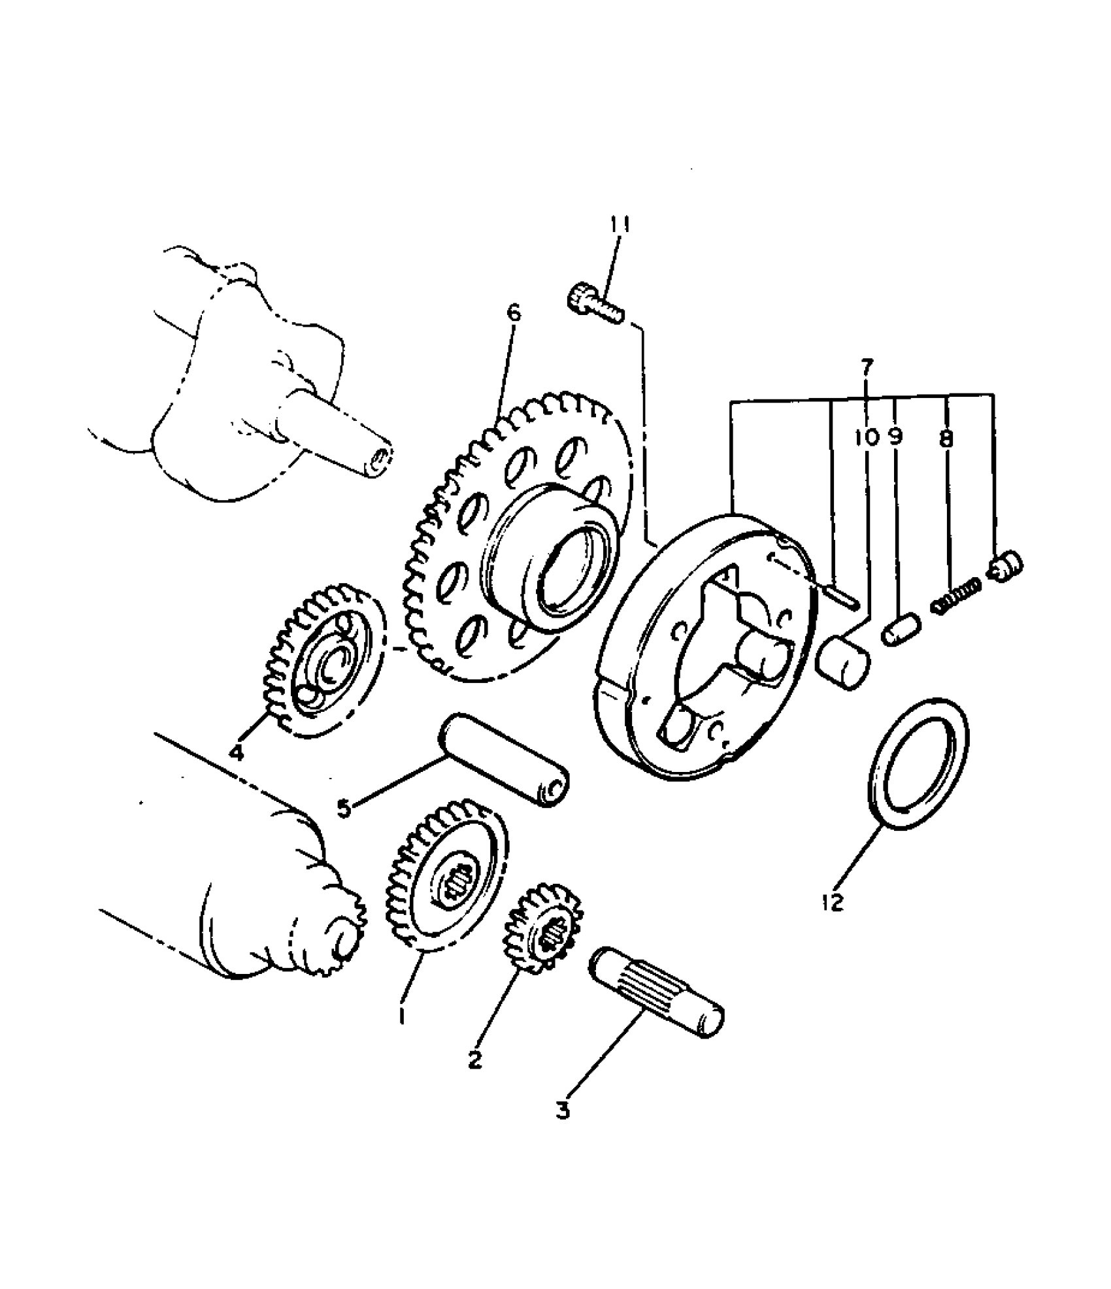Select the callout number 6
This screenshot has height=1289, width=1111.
point(514,313)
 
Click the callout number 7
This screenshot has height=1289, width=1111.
point(867,368)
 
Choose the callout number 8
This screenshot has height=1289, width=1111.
point(946,438)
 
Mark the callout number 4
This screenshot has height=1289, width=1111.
point(237,752)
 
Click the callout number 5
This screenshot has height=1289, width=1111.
point(344,808)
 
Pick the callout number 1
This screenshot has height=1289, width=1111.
point(401,1033)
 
